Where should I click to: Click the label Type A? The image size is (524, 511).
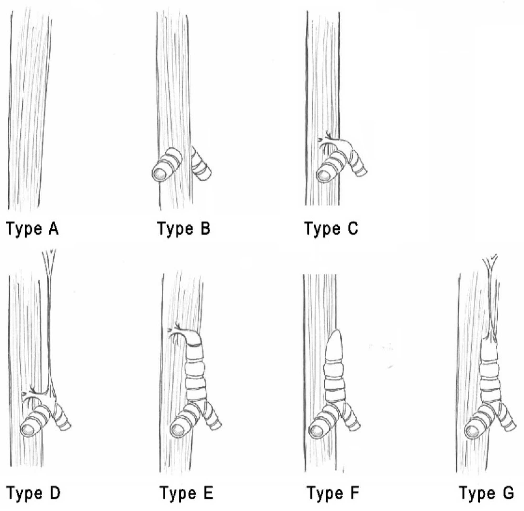[32, 229]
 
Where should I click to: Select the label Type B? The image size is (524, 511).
[184, 229]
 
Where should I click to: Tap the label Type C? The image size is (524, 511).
[331, 229]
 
